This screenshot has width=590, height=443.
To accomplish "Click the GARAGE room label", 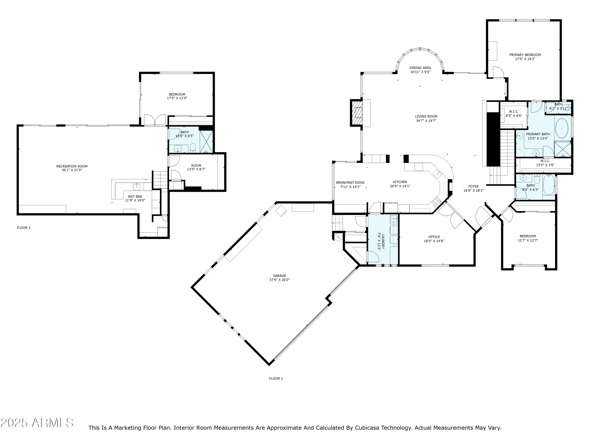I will (279, 276).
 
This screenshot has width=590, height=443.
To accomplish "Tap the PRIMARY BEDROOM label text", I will (525, 55).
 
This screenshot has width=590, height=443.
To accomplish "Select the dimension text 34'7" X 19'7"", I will (426, 121).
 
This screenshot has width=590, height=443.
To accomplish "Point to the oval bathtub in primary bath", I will (562, 128).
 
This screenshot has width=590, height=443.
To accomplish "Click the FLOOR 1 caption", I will (24, 228).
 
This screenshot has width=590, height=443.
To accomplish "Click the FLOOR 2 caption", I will (276, 378).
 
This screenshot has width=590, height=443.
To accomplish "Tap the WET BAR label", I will (135, 196).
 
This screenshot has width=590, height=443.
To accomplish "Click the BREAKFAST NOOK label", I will (350, 183).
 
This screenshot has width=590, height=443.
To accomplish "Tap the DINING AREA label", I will (420, 68).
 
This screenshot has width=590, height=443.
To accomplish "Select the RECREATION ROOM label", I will (72, 166).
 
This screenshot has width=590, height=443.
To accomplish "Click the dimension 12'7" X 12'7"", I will (528, 240).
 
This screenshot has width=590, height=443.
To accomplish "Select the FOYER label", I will (473, 186).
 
